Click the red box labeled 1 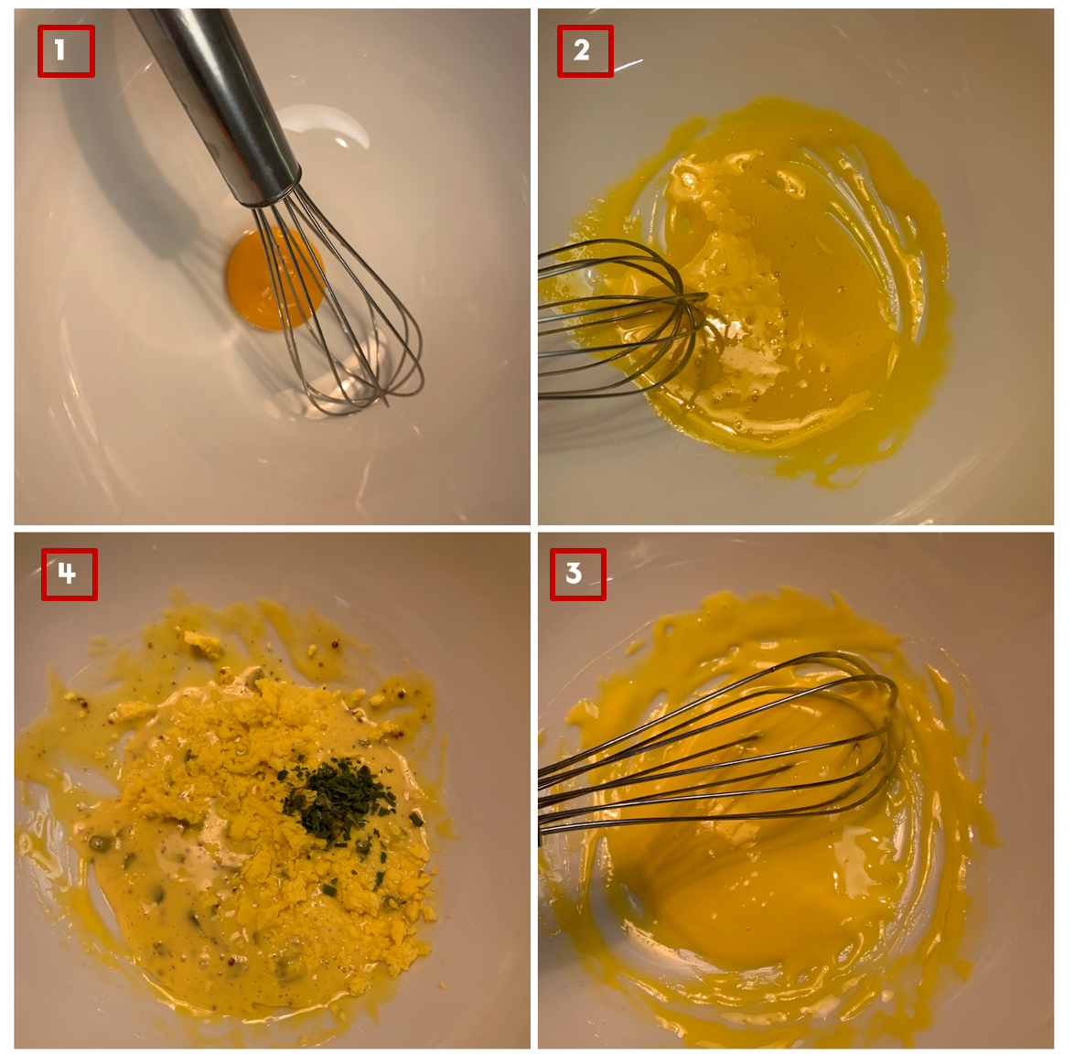pos(66,50)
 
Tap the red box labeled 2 pos(585,50)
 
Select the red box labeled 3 pos(577,574)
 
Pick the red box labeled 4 pos(70,574)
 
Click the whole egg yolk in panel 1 pos(275,279)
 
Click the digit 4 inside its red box pos(67,573)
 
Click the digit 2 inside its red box pos(582,50)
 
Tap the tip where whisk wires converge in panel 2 pos(705,296)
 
